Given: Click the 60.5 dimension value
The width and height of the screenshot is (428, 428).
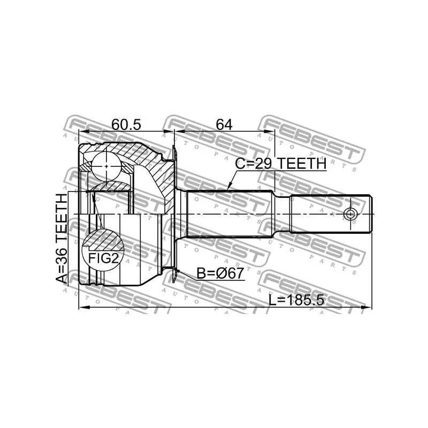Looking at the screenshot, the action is click(126, 125).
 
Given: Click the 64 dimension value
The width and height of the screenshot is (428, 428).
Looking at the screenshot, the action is click(224, 125).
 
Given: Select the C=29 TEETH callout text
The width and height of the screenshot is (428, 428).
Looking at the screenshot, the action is click(281, 164).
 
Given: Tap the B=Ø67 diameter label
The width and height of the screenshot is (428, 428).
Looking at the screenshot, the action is click(220, 273).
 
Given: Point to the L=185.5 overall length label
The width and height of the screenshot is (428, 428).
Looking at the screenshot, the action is click(296, 301).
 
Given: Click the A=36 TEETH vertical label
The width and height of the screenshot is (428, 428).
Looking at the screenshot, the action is click(62, 238).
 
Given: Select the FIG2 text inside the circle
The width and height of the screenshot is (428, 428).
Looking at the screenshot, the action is click(104, 258).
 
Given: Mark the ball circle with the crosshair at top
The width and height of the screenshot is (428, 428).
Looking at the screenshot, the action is click(106, 166).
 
